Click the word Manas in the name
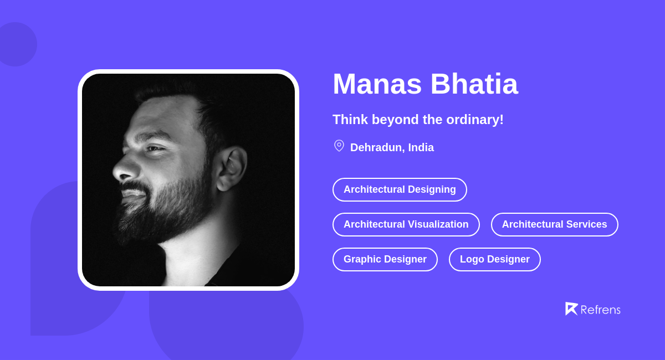[377, 84]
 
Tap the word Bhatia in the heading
[474, 84]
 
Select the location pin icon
[339, 146]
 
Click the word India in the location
[421, 147]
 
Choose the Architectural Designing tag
[400, 189]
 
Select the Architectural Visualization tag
[406, 224]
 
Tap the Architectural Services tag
[554, 224]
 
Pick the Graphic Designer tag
[385, 259]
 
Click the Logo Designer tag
[494, 259]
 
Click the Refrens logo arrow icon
[571, 308]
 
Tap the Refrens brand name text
[600, 310]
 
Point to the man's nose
[123, 169]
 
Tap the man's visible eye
[154, 148]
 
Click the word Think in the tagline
[350, 120]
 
